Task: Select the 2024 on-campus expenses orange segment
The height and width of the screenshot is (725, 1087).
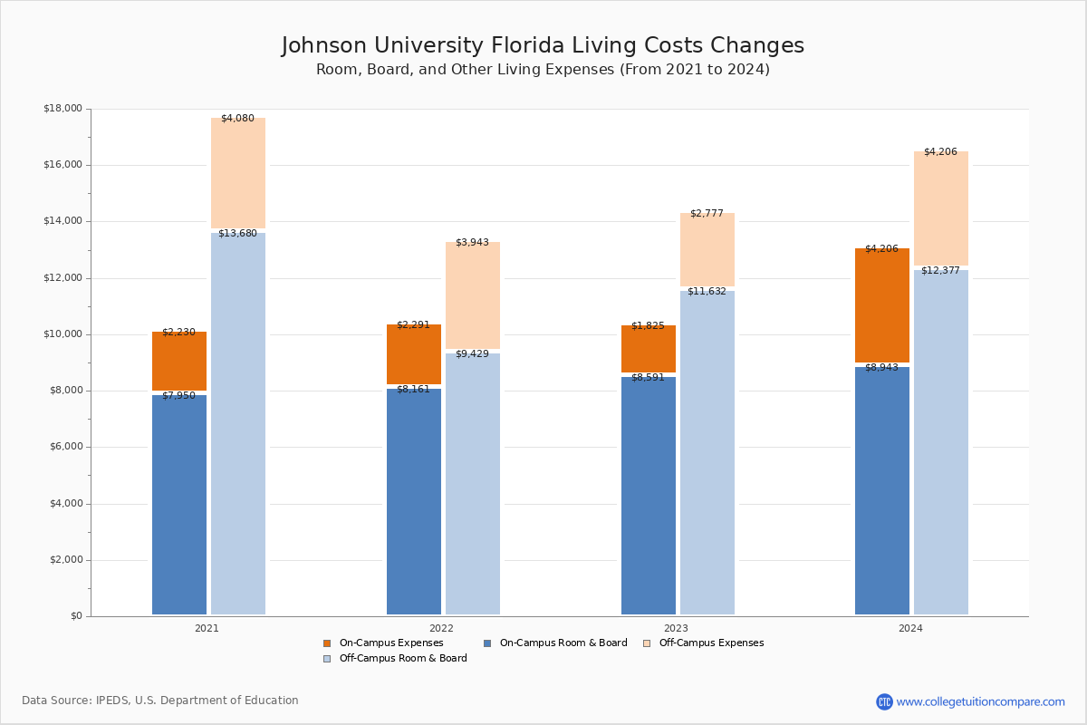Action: tap(882, 305)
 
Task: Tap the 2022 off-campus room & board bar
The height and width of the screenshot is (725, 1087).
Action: tap(473, 484)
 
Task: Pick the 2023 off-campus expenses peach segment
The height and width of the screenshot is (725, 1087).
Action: tap(707, 250)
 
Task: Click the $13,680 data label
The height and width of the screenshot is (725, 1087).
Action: tap(237, 234)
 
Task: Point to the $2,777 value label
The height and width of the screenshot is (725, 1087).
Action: tap(707, 214)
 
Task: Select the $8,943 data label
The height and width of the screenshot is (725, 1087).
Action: tap(881, 368)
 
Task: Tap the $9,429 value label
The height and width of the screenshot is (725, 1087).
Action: tap(472, 354)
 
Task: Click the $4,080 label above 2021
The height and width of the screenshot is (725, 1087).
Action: tap(237, 119)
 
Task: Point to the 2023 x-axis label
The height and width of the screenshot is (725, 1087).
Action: tap(676, 628)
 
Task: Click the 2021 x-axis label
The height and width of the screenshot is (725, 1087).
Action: tap(207, 628)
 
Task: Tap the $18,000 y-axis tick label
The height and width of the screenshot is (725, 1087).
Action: tap(63, 109)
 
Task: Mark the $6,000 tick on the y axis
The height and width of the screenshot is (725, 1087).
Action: tap(65, 447)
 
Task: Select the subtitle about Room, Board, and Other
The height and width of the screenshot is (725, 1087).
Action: tap(543, 70)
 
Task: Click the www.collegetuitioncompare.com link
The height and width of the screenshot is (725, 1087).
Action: tap(980, 701)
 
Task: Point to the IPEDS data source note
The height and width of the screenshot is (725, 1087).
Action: tap(160, 701)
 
